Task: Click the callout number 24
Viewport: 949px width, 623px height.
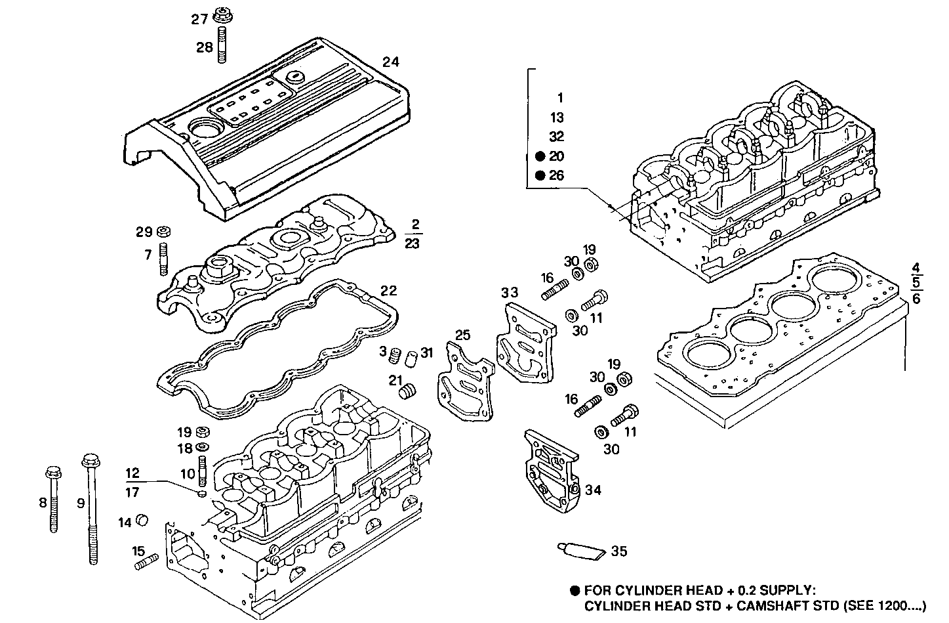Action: (391, 62)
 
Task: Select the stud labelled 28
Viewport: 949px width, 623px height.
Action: (222, 45)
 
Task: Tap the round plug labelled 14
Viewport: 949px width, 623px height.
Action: (141, 521)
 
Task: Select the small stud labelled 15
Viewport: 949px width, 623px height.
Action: (147, 562)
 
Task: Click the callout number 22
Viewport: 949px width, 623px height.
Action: (388, 290)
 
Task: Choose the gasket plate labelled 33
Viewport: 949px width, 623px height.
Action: (525, 341)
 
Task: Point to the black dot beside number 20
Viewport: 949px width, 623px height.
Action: (540, 156)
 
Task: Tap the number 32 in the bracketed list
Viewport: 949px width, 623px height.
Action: (556, 137)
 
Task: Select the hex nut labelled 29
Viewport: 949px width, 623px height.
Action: (165, 232)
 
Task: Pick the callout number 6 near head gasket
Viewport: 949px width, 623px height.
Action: (916, 299)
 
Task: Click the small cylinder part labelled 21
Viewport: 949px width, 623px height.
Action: (408, 391)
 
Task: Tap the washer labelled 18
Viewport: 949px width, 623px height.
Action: (202, 448)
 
